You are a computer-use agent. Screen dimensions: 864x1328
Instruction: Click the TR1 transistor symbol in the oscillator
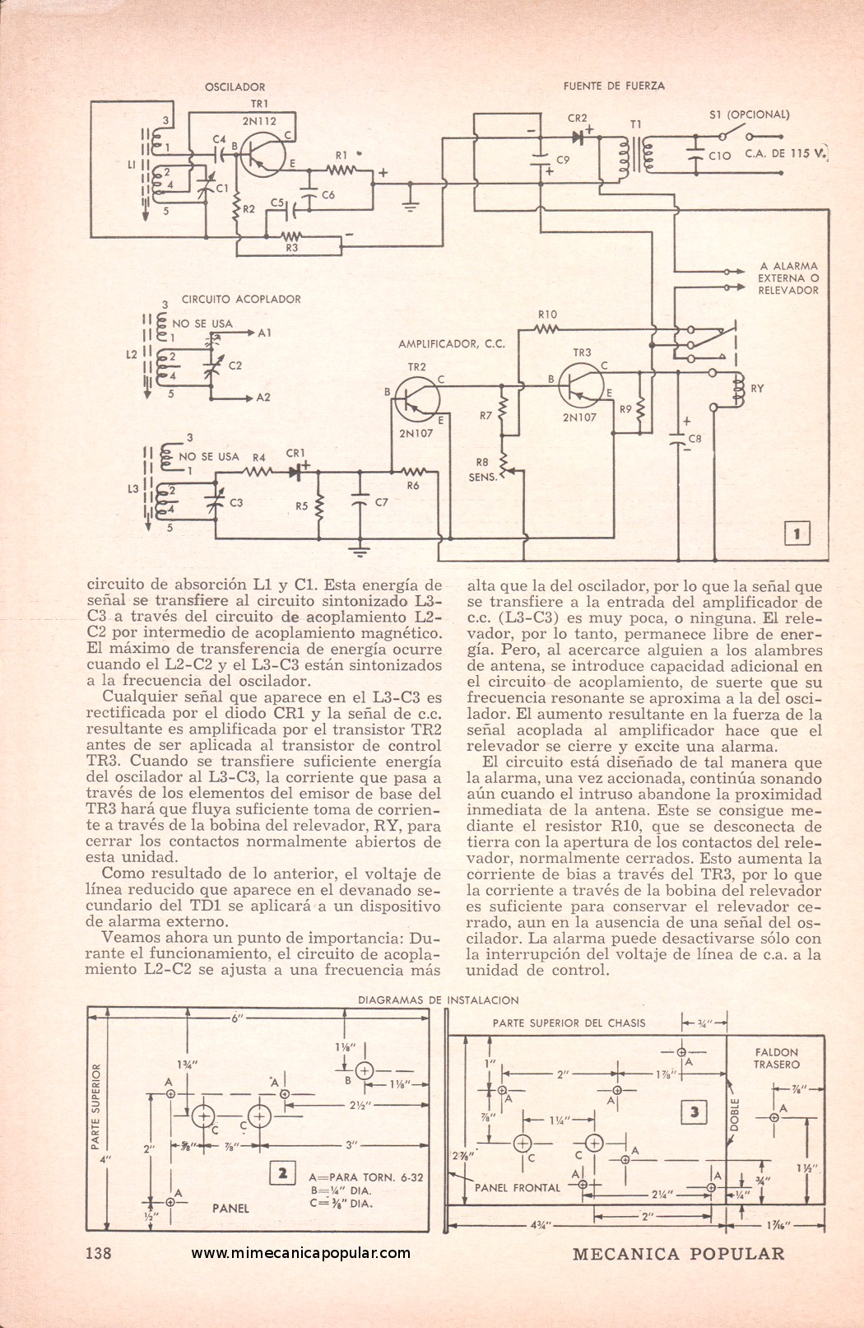click(x=263, y=154)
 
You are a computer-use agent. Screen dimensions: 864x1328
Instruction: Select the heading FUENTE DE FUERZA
click(x=614, y=86)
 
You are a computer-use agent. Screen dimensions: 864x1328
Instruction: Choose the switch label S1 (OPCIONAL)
click(x=749, y=114)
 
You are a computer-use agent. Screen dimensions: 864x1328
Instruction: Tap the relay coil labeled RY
click(x=738, y=389)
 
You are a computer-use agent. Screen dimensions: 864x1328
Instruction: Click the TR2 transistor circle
click(x=417, y=399)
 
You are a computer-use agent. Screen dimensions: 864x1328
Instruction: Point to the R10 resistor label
click(x=547, y=315)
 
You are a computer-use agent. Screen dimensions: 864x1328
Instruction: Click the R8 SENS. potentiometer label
click(x=482, y=469)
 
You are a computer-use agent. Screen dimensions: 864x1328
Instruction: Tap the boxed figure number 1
click(x=797, y=534)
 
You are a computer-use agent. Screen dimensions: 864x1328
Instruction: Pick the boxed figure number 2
click(x=282, y=1173)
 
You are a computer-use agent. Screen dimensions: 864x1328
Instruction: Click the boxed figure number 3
click(x=694, y=1113)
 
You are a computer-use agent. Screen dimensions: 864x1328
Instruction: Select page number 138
click(x=99, y=1253)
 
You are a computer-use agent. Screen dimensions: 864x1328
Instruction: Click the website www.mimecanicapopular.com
click(x=301, y=1253)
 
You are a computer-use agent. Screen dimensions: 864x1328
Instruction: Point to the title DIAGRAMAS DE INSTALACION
click(x=438, y=1000)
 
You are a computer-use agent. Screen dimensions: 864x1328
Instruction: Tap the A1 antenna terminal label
click(x=264, y=333)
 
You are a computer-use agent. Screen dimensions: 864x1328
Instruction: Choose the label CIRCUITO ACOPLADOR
click(x=241, y=300)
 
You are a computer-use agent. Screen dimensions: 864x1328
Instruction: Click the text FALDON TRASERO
click(x=776, y=1058)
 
